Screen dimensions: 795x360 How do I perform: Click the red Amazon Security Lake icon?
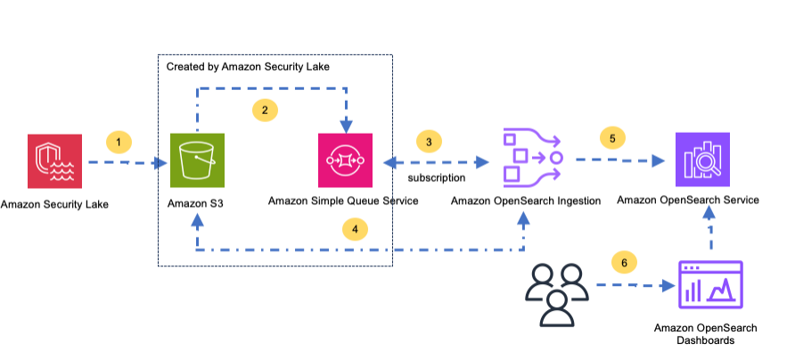point(54,161)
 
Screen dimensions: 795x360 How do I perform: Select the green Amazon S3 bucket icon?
point(197,160)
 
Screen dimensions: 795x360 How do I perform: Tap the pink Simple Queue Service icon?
point(345,160)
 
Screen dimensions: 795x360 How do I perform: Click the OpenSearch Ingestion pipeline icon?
point(532,155)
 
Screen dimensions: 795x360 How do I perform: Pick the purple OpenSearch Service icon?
point(702,160)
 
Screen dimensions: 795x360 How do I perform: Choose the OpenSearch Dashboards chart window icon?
point(711,284)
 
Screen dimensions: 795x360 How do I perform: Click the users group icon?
point(557,294)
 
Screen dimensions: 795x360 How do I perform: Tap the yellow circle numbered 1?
point(119,143)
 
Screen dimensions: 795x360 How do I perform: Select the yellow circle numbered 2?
point(265,110)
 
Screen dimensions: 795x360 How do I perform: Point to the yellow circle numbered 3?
point(429,142)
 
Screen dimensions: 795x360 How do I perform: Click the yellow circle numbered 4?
point(355,230)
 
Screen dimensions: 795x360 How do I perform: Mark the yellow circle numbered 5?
point(612,138)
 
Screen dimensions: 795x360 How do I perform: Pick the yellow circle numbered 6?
point(624,263)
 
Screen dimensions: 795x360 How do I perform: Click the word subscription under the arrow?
point(437,178)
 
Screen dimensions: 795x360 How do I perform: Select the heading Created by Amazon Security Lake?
point(248,67)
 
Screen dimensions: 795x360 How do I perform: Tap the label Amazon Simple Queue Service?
point(343,200)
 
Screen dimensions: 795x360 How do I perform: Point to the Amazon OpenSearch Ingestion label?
point(526,201)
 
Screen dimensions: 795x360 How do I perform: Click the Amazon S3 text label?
point(195,204)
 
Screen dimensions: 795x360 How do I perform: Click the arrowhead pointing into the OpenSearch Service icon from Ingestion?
point(658,160)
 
